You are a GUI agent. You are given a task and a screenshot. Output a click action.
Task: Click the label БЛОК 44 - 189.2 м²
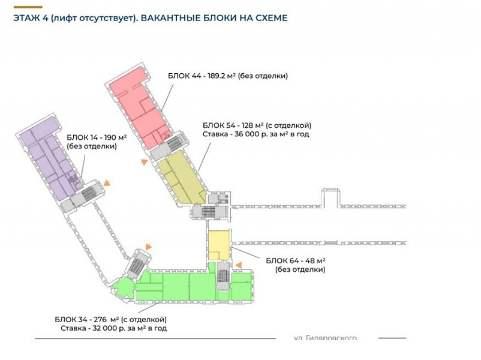[228, 76]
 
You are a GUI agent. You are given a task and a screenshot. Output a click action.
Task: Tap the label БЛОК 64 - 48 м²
[295, 260]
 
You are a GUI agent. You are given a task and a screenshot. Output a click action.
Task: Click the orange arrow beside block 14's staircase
[107, 183]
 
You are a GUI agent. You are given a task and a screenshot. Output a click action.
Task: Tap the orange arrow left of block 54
[144, 161]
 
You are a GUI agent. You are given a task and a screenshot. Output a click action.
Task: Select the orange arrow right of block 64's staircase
[238, 265]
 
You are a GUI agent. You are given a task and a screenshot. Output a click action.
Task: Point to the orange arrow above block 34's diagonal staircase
[148, 246]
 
